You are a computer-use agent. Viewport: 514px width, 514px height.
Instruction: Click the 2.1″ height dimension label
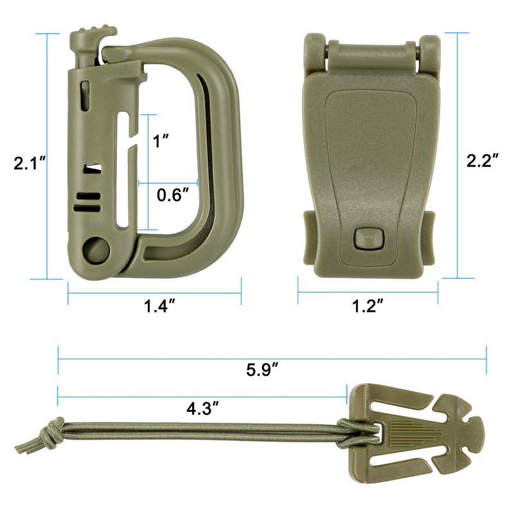click(29, 163)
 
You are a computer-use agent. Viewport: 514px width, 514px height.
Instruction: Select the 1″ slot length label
click(161, 141)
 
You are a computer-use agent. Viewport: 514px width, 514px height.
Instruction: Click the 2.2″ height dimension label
click(483, 160)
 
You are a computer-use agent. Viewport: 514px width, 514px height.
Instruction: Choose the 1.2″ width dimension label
click(368, 306)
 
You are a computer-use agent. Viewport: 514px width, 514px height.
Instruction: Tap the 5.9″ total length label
click(262, 370)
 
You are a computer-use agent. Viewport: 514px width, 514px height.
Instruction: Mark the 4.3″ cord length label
click(202, 409)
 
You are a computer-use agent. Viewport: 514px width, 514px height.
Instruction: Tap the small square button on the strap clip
click(369, 237)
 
